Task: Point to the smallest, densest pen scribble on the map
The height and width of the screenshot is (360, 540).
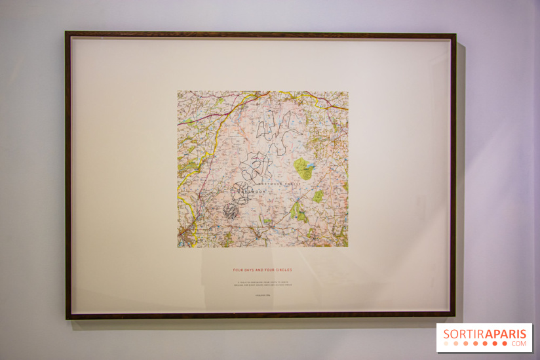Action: pos(230,210)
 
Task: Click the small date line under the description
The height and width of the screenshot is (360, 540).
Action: pos(263,295)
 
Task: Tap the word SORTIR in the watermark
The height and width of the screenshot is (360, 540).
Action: pos(460,334)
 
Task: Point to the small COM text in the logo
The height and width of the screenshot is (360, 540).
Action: pos(519,344)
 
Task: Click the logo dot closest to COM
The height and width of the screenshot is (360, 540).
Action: pos(505,344)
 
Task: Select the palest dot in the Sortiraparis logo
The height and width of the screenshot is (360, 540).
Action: pos(446,344)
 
